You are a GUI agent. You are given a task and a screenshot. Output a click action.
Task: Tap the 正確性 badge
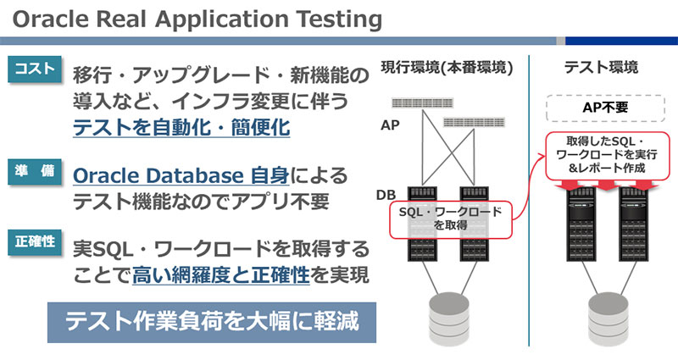pos(36,241)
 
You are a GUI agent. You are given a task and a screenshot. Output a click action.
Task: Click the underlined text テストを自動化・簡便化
pos(181,129)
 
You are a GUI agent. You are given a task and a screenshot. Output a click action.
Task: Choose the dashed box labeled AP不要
pos(603,108)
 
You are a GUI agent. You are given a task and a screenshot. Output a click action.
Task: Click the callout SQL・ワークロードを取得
pos(451,219)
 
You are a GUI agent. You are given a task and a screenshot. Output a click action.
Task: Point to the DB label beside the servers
pos(387,196)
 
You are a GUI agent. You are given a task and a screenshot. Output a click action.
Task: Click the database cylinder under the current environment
pos(447,318)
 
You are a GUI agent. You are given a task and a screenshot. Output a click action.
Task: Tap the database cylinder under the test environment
pos(603,318)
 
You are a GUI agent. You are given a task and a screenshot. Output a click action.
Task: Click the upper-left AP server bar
pos(421,102)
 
